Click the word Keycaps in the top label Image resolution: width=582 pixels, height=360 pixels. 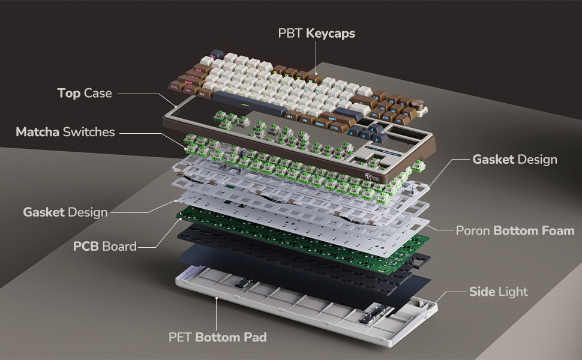(331, 34)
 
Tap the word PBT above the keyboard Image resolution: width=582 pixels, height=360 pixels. (290, 34)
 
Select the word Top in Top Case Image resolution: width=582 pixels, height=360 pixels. (69, 93)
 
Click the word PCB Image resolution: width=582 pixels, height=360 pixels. (86, 247)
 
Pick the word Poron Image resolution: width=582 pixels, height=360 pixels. (473, 230)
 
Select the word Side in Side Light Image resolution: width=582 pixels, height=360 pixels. (482, 292)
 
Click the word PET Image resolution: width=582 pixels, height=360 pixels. (181, 337)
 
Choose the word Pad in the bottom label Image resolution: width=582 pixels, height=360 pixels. (254, 337)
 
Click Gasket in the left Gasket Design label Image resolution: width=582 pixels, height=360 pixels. (44, 212)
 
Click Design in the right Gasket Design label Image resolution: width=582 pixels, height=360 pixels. (537, 160)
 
